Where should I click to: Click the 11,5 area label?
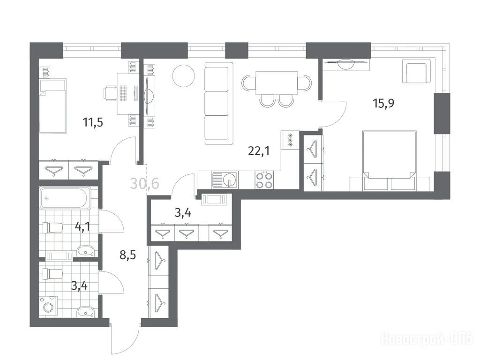pyautogui.click(x=93, y=122)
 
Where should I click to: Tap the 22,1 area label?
pyautogui.click(x=259, y=151)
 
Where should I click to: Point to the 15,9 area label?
pyautogui.click(x=383, y=103)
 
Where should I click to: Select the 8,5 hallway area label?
pyautogui.click(x=127, y=255)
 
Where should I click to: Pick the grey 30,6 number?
pyautogui.click(x=145, y=184)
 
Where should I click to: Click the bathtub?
pyautogui.click(x=65, y=198)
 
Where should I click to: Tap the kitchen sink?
pyautogui.click(x=224, y=180)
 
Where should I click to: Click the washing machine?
pyautogui.click(x=48, y=306)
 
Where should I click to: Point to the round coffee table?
pyautogui.click(x=183, y=76)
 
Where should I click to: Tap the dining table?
pyautogui.click(x=277, y=83)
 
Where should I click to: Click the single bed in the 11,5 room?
pyautogui.click(x=53, y=106)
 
